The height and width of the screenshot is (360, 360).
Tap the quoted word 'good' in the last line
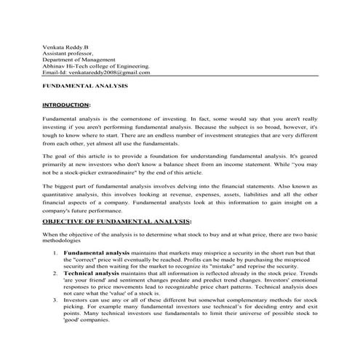(71, 320)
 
